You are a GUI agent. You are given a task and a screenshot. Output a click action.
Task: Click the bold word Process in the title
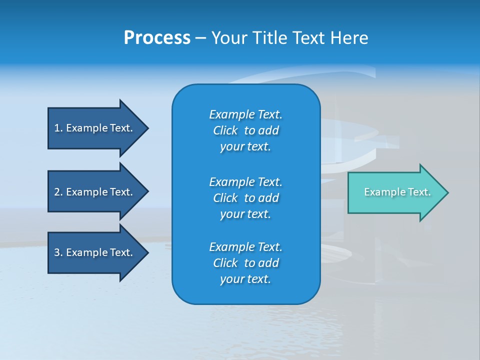click(157, 38)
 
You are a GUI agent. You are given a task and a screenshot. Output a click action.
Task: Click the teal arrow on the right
click(395, 192)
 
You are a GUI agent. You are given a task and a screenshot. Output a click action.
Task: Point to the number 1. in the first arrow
click(58, 128)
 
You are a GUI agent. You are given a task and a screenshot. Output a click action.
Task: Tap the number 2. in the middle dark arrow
click(58, 192)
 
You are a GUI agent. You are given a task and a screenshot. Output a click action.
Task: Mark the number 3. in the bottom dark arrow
click(58, 252)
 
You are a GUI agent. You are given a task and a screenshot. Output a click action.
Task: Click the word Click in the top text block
click(225, 130)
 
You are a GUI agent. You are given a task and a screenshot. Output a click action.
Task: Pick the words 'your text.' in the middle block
click(245, 214)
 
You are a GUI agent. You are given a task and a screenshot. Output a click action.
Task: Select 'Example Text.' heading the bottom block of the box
click(245, 247)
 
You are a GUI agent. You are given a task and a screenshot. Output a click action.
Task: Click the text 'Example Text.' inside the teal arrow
click(397, 192)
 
